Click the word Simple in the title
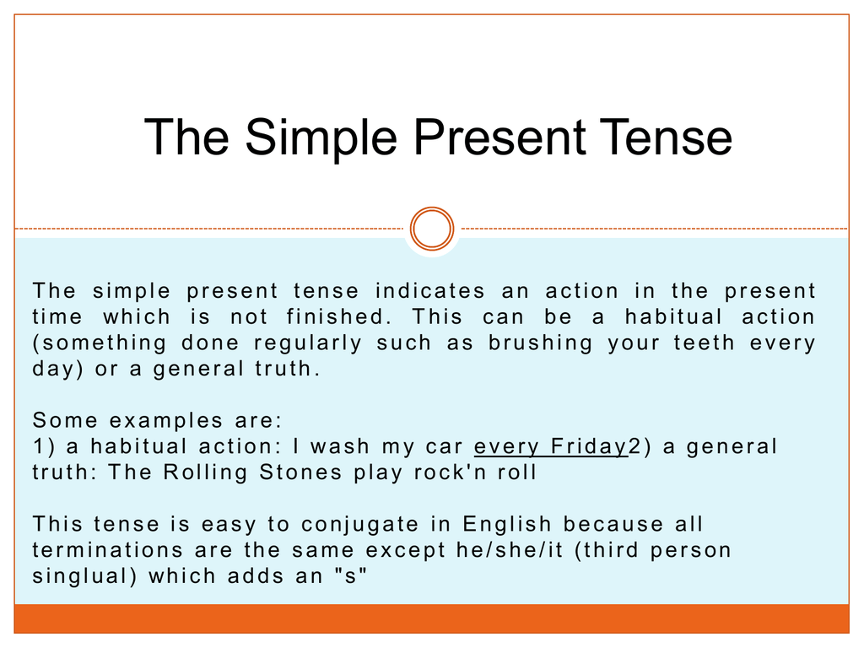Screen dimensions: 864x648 point(321,138)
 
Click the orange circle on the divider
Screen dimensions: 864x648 point(432,229)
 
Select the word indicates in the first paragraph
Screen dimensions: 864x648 point(429,290)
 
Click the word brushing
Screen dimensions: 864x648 point(541,343)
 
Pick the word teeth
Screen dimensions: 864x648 point(705,343)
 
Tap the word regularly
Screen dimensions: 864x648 point(307,343)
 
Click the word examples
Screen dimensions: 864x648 point(166,421)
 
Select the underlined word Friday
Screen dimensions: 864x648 point(589,446)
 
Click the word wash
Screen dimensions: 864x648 point(339,445)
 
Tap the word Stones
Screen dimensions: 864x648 point(300,472)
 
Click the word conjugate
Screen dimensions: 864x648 point(359,525)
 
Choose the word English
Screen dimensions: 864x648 point(507,523)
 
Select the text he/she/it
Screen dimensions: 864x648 point(510,549)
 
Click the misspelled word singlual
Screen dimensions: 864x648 point(84,576)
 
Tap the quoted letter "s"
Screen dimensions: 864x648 point(350,575)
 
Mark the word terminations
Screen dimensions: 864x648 point(107,549)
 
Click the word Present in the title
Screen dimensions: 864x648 point(499,137)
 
